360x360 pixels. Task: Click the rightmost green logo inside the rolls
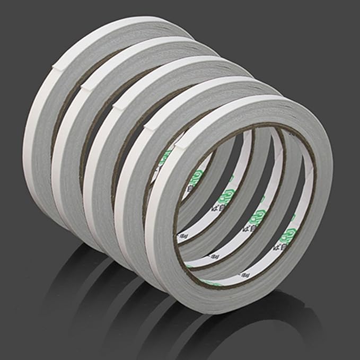pyautogui.click(x=291, y=234)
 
